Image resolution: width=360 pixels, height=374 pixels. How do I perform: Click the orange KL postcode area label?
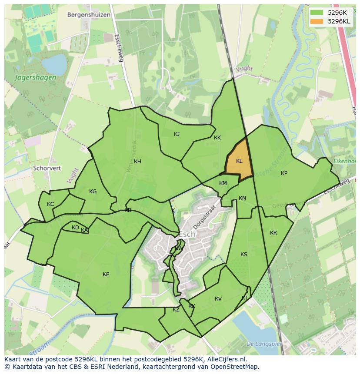coord(239,161)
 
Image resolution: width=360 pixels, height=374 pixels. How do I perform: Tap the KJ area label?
coord(177,134)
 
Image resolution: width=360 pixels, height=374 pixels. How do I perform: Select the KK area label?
coord(217,138)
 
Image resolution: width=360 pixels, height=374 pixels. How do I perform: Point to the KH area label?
coord(137,162)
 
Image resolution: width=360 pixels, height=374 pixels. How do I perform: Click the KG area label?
coord(93,192)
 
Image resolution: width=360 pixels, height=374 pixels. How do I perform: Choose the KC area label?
coord(50,204)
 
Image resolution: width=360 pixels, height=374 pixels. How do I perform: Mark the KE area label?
coord(106,274)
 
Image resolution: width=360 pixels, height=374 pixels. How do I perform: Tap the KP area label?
coord(284,173)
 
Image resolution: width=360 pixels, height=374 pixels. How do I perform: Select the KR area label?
coord(273,233)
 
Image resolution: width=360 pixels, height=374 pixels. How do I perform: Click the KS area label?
coord(243,255)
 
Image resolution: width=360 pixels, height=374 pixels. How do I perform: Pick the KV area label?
coord(218,299)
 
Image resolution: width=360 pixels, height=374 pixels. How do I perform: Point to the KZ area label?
coord(176,310)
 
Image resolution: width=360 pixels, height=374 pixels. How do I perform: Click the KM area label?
coord(223,183)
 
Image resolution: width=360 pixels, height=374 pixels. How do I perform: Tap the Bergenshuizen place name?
coord(89,15)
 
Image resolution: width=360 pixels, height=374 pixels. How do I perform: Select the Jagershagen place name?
coord(35,78)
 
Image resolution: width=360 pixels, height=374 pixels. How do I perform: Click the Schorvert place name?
coord(47,168)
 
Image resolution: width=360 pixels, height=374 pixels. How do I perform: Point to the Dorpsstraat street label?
coord(206,214)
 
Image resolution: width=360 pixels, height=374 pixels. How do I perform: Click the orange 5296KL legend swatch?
coord(317,21)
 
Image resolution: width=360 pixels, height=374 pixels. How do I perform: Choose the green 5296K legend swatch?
coord(317,13)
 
